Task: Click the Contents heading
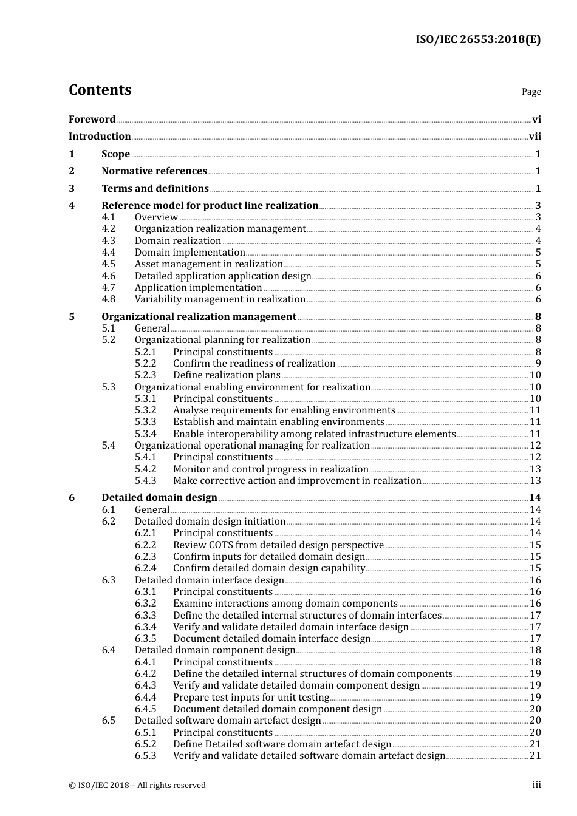pyautogui.click(x=100, y=90)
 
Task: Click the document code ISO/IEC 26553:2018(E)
pyautogui.click(x=477, y=39)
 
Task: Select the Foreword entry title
pyautogui.click(x=92, y=120)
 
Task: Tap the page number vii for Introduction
pyautogui.click(x=534, y=137)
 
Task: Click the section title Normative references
pyautogui.click(x=154, y=171)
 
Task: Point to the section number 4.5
pyautogui.click(x=108, y=264)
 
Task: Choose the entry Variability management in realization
pyautogui.click(x=220, y=299)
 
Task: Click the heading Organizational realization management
pyautogui.click(x=199, y=317)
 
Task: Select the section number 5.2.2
pyautogui.click(x=145, y=364)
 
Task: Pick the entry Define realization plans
pyautogui.click(x=227, y=375)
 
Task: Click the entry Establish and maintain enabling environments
pyautogui.click(x=278, y=422)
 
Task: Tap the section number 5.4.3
pyautogui.click(x=145, y=481)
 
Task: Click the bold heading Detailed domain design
pyautogui.click(x=159, y=498)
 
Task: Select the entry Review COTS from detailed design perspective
pyautogui.click(x=278, y=545)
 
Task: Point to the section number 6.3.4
pyautogui.click(x=145, y=627)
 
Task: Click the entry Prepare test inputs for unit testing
pyautogui.click(x=251, y=698)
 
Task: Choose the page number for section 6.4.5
pyautogui.click(x=535, y=709)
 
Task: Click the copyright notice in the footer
pyautogui.click(x=137, y=786)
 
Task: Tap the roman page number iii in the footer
pyautogui.click(x=536, y=785)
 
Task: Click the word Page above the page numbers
pyautogui.click(x=531, y=92)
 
